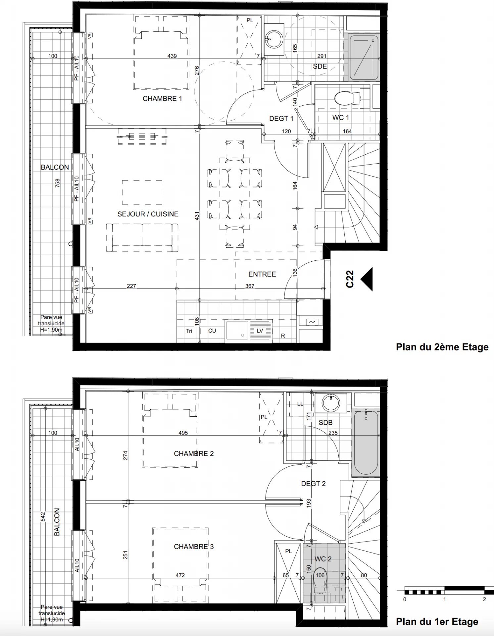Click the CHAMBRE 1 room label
(162, 99)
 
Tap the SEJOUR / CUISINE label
(148, 214)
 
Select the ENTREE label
(262, 274)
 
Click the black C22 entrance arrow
(367, 279)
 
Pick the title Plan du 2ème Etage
(442, 347)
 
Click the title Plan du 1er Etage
(437, 622)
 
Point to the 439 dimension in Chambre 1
(172, 56)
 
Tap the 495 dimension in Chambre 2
(183, 433)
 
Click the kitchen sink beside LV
(236, 330)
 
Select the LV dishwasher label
(260, 331)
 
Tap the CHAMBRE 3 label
(194, 547)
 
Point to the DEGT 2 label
(313, 484)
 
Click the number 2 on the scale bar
(484, 599)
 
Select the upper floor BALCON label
(55, 167)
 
